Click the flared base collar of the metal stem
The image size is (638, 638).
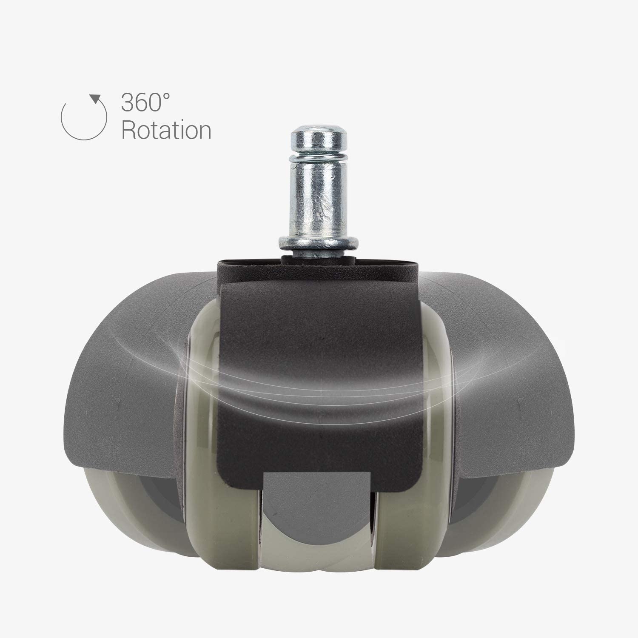click(319, 242)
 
